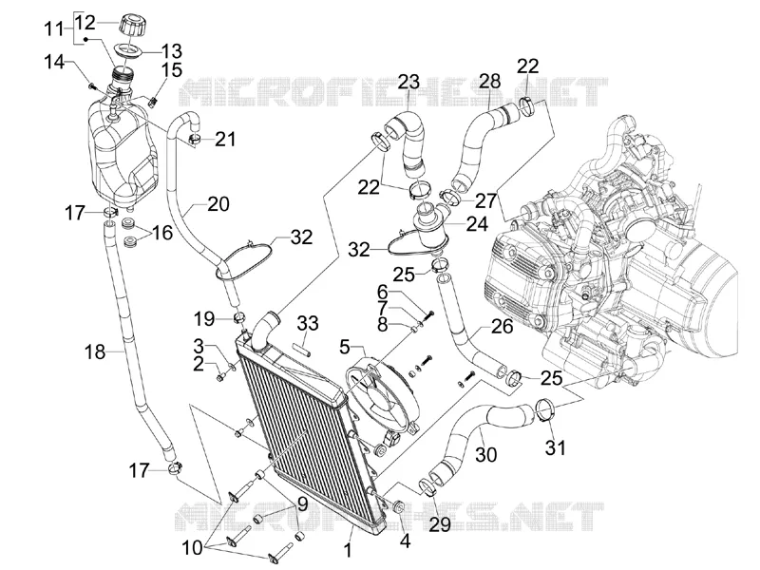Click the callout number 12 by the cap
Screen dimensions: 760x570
(x=86, y=23)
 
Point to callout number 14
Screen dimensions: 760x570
(x=54, y=62)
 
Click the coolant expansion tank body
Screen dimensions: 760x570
(x=122, y=150)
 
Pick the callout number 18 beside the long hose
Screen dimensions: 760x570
(x=95, y=351)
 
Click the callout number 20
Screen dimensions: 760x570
(x=218, y=203)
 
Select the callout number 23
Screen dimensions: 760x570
(x=408, y=82)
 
